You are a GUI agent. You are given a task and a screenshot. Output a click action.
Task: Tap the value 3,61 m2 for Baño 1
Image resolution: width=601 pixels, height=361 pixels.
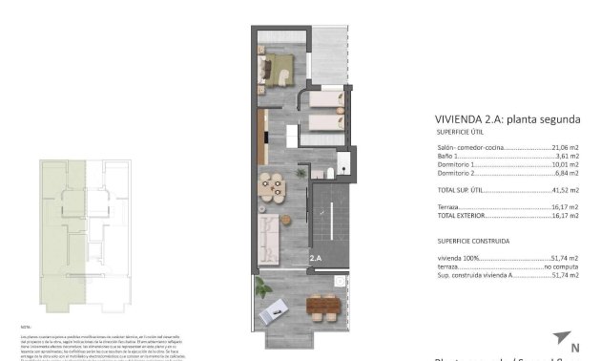pos(568,158)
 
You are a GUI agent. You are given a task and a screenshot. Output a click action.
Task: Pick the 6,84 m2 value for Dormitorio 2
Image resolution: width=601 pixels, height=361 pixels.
pos(568,175)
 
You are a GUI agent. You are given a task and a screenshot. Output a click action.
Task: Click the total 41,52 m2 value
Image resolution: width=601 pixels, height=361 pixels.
pos(566,191)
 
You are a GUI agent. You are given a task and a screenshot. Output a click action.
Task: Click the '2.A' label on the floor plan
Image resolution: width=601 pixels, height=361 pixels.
pos(317,258)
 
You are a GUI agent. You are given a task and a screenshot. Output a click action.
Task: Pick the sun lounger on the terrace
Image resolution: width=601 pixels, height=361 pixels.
pos(279,308)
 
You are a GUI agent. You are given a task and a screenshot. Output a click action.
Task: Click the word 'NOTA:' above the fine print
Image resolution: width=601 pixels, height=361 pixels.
pos(27,326)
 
